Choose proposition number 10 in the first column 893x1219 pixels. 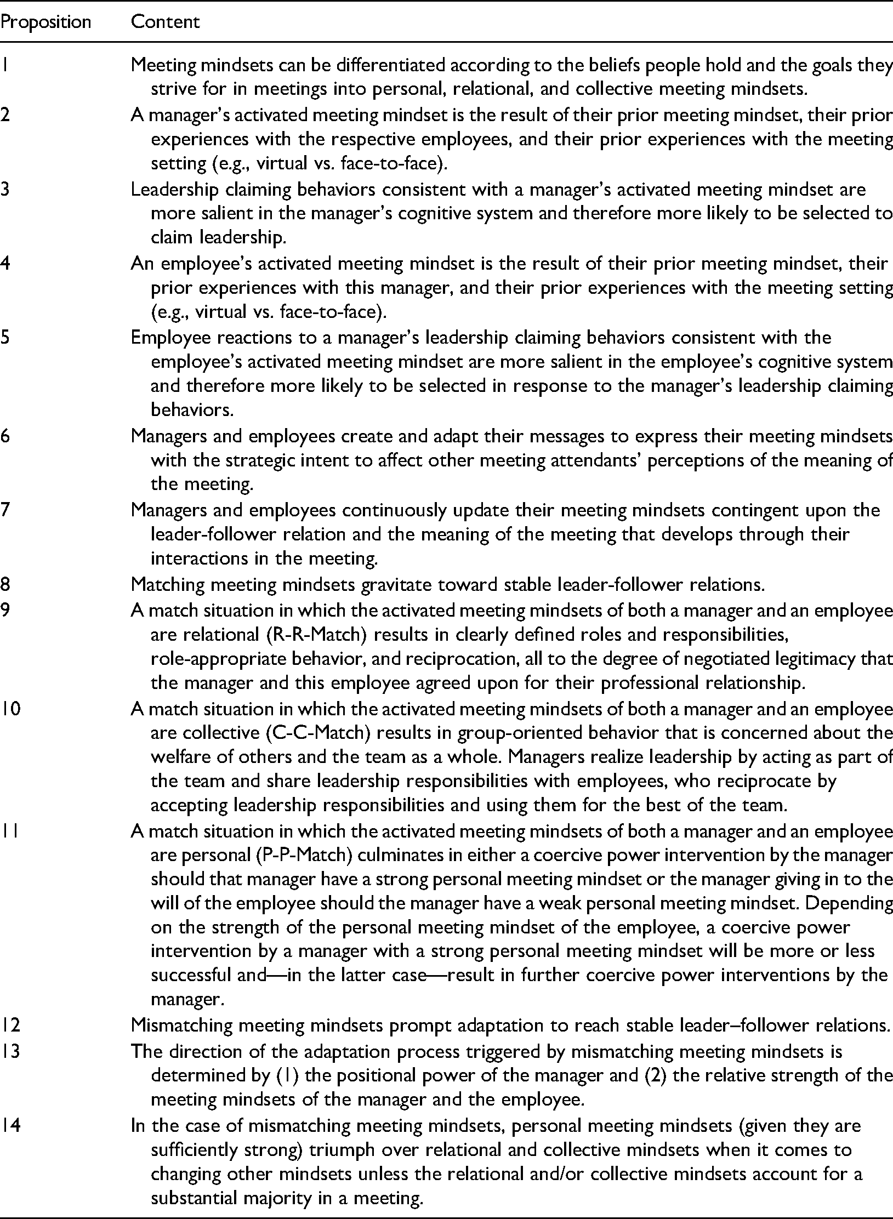[10, 709]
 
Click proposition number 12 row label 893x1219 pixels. [10, 1025]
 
